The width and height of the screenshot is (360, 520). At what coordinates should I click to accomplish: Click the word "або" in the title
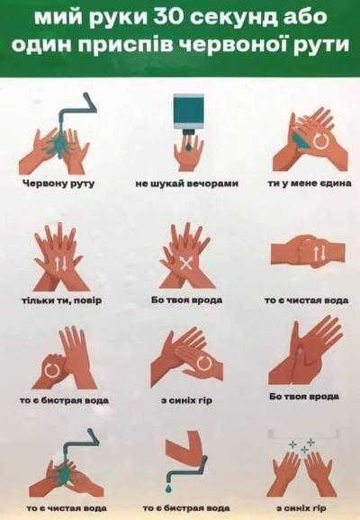(x=303, y=16)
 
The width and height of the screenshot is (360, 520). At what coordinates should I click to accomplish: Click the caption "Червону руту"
(x=58, y=184)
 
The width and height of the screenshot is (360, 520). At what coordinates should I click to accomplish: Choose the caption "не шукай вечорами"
(x=186, y=183)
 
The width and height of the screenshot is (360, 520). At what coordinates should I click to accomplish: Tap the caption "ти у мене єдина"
(x=310, y=183)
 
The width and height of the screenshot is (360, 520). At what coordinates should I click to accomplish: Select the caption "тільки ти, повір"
(x=61, y=300)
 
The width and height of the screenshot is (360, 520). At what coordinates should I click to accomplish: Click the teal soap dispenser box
(x=189, y=112)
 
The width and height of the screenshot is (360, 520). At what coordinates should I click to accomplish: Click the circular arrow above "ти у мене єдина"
(x=321, y=141)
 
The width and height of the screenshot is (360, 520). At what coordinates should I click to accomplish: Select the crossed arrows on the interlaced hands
(x=186, y=264)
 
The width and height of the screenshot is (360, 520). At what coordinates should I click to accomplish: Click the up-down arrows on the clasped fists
(x=319, y=255)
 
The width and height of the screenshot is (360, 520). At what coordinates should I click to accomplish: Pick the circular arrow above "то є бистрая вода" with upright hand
(x=52, y=370)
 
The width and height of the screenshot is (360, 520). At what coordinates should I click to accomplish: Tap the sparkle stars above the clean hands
(x=301, y=446)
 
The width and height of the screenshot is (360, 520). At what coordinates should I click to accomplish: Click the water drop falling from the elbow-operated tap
(x=169, y=488)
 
